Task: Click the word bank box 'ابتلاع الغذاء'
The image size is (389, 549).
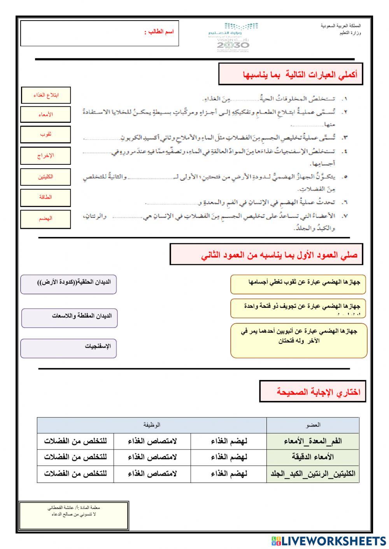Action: [x=46, y=95]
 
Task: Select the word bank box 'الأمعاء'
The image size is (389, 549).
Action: [x=46, y=115]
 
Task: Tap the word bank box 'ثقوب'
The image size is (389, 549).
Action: [x=46, y=134]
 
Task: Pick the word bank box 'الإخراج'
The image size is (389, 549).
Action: [x=46, y=155]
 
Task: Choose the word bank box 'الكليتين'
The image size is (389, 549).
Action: [x=46, y=177]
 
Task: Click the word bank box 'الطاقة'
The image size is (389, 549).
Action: [x=46, y=197]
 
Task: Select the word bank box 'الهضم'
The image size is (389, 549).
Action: [x=46, y=219]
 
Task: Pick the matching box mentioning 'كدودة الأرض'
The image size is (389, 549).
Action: [x=68, y=284]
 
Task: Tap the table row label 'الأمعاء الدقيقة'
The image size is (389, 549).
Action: [x=313, y=457]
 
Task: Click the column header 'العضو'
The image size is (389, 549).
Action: [x=313, y=425]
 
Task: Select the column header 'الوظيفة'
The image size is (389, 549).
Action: [x=152, y=425]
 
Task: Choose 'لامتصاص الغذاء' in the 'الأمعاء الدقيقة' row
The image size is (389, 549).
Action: [x=152, y=457]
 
